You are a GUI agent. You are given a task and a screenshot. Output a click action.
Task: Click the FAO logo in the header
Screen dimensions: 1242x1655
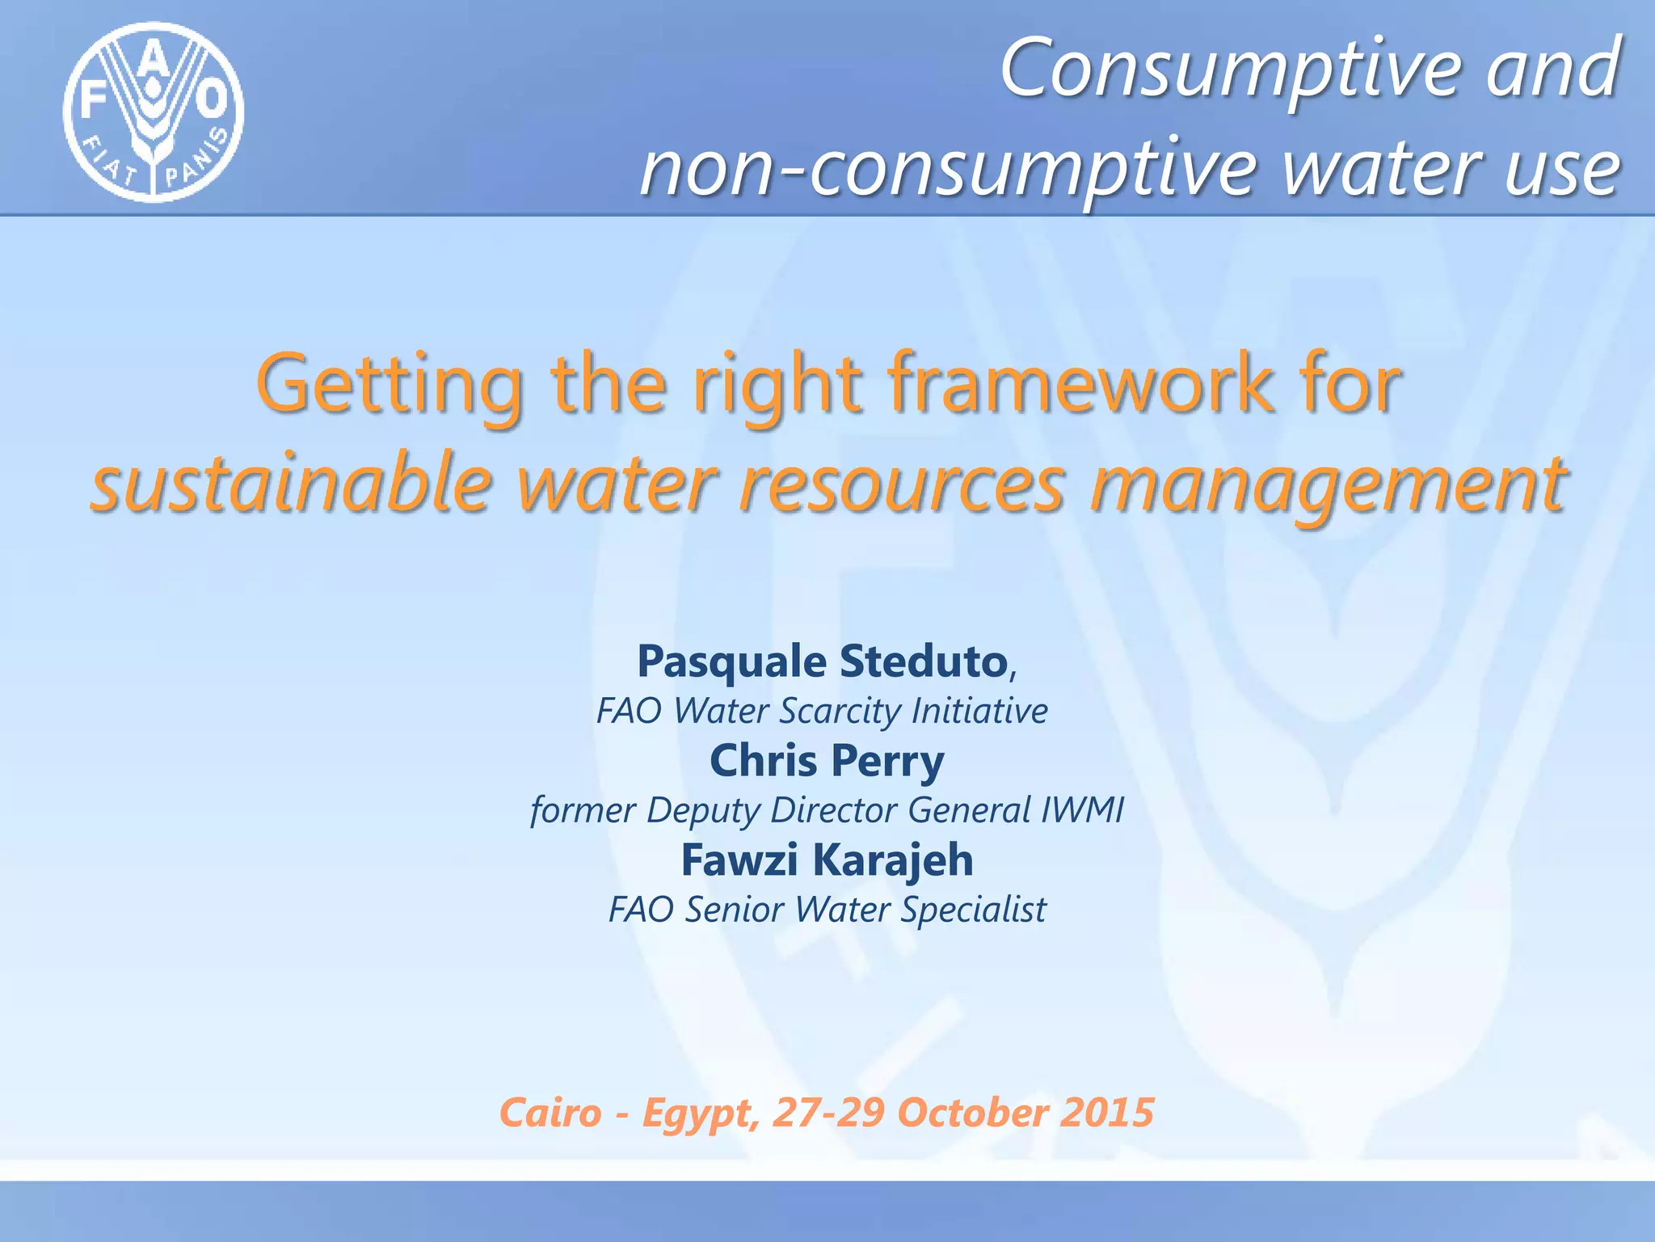(x=154, y=112)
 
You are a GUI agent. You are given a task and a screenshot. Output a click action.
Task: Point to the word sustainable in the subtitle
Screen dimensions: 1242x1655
(x=292, y=485)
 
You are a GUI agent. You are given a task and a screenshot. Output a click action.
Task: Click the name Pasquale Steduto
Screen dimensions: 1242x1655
(x=822, y=661)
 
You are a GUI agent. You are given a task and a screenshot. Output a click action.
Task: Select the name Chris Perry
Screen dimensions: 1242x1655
(x=827, y=761)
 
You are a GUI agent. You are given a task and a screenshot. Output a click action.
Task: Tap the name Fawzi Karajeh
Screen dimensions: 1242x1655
(x=827, y=860)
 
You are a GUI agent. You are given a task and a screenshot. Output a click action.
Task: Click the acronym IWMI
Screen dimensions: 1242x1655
(x=1082, y=810)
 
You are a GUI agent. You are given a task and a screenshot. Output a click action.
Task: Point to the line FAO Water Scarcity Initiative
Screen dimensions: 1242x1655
(x=822, y=712)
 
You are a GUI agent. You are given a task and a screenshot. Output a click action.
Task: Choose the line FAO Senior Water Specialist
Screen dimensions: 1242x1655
(x=827, y=910)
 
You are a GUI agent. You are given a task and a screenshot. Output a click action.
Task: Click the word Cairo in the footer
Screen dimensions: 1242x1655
(x=551, y=1113)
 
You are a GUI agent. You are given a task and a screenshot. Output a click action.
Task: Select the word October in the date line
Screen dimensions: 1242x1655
(x=973, y=1113)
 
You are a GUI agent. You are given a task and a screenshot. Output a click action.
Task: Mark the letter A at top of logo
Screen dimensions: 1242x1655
(x=156, y=61)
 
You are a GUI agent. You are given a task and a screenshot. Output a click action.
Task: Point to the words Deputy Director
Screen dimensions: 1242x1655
(x=771, y=810)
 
